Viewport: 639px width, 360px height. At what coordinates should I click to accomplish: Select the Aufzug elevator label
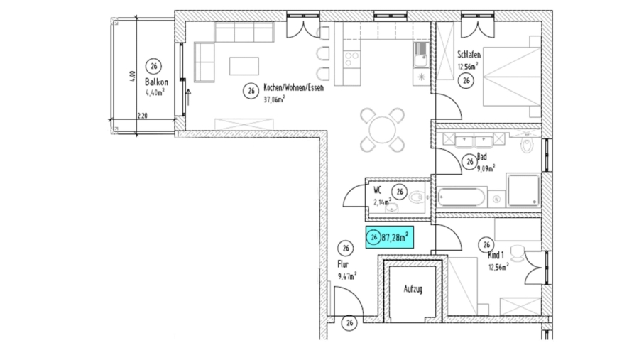pos(413,290)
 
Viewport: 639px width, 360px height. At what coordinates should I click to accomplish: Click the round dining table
pos(382,130)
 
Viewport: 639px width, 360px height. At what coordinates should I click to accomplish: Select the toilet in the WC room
pos(419,198)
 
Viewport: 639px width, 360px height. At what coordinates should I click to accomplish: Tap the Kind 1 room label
pos(495,255)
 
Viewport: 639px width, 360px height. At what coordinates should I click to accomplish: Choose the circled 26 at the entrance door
pos(349,323)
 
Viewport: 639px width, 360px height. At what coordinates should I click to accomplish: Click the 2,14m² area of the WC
pos(381,202)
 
